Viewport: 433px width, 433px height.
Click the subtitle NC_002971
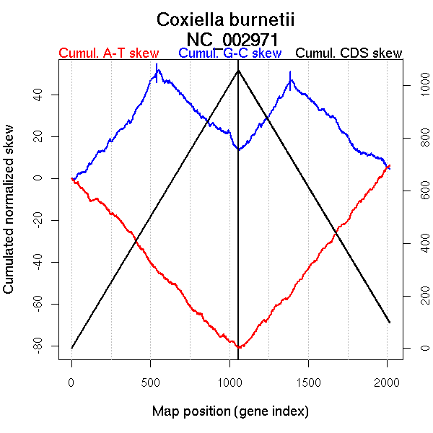tap(232, 38)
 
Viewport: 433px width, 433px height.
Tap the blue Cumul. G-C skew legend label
tap(229, 53)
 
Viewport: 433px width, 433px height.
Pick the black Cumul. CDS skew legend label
tap(349, 53)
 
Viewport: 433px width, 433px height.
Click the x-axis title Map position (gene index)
tap(230, 411)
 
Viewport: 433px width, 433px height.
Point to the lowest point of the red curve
tap(238, 348)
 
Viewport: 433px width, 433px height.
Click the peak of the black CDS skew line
tap(238, 69)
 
